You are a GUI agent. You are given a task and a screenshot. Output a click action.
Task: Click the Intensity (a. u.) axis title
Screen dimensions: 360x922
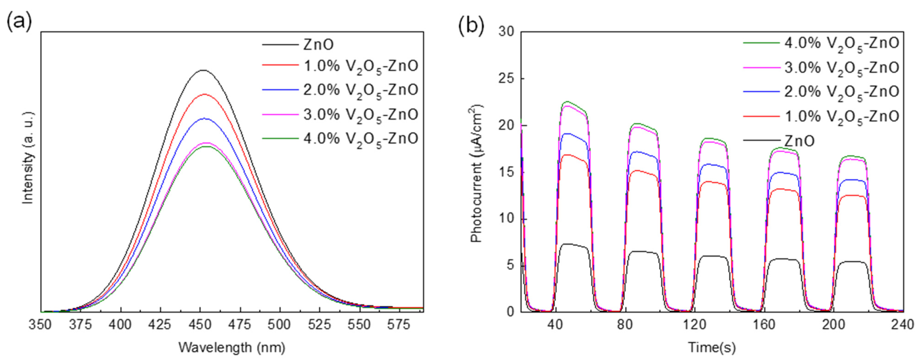[28, 158]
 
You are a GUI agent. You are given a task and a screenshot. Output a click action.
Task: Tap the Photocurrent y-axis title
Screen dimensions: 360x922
[477, 173]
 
